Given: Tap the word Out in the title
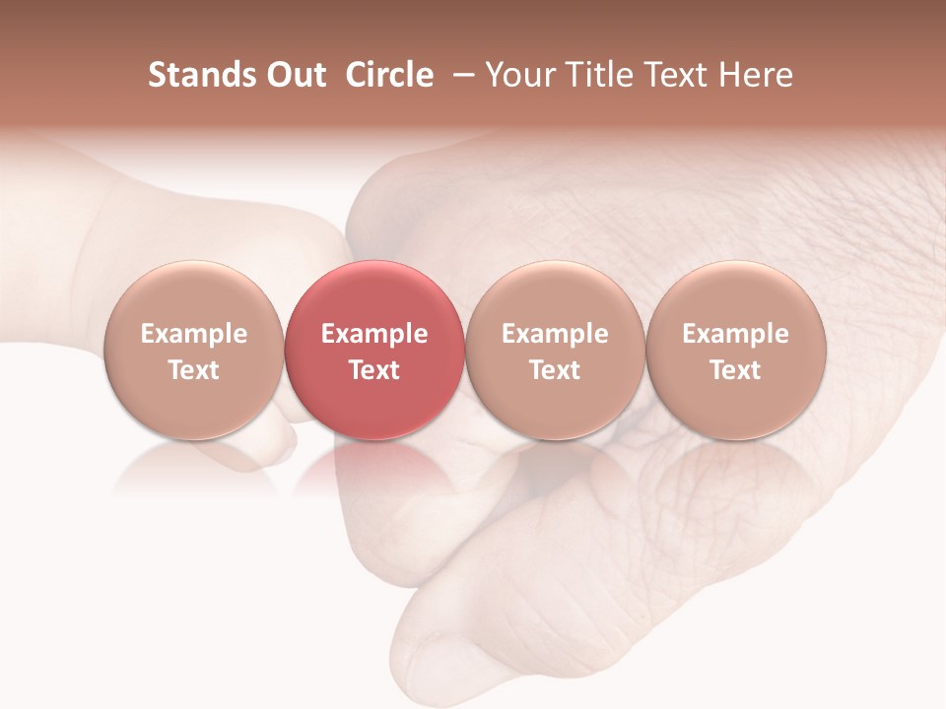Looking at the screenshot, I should (x=294, y=75).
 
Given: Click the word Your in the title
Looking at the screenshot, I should (x=518, y=75).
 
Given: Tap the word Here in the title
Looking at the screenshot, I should (x=755, y=75).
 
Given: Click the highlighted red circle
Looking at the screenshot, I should (x=373, y=350).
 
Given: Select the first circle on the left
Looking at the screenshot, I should (x=193, y=350).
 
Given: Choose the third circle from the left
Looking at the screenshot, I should (x=555, y=350).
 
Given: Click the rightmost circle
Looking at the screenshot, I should (x=735, y=350).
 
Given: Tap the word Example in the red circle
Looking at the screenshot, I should (x=373, y=334).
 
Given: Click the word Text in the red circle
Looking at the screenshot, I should (x=373, y=370).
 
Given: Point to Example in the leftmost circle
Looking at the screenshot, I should (x=193, y=334).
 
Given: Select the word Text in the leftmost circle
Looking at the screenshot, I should (x=193, y=370).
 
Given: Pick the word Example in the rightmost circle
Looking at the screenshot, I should (x=735, y=334).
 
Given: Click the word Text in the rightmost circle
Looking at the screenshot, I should (x=735, y=370).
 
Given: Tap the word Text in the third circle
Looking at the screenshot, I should (x=555, y=370).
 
